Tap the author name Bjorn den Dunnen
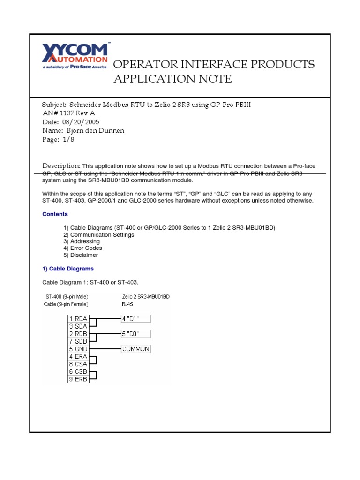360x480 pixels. [x=96, y=131]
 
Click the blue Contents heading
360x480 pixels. [x=55, y=214]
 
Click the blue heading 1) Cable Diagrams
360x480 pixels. [x=68, y=269]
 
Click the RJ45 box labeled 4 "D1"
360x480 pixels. [x=135, y=319]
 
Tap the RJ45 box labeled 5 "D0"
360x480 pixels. [x=135, y=334]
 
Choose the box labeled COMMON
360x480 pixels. [x=135, y=349]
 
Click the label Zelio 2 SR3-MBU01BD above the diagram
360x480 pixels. [x=145, y=297]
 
